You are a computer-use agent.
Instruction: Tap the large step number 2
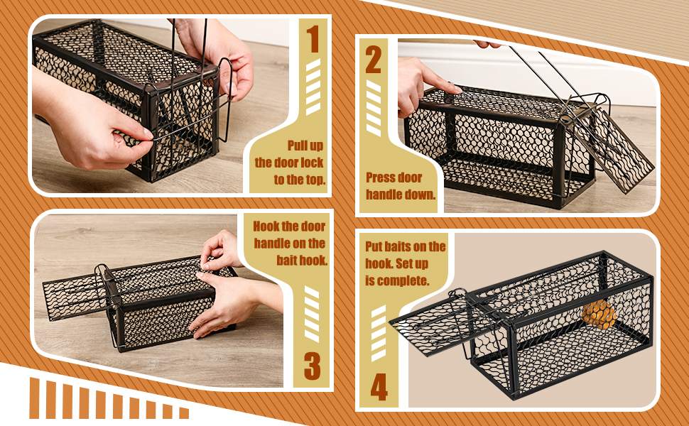pyautogui.click(x=373, y=60)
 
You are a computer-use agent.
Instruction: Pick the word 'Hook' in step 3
pyautogui.click(x=266, y=226)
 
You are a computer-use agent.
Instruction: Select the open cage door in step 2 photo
pyautogui.click(x=613, y=147)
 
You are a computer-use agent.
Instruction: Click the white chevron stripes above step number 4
pyautogui.click(x=379, y=333)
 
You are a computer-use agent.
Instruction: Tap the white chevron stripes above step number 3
pyautogui.click(x=312, y=315)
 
